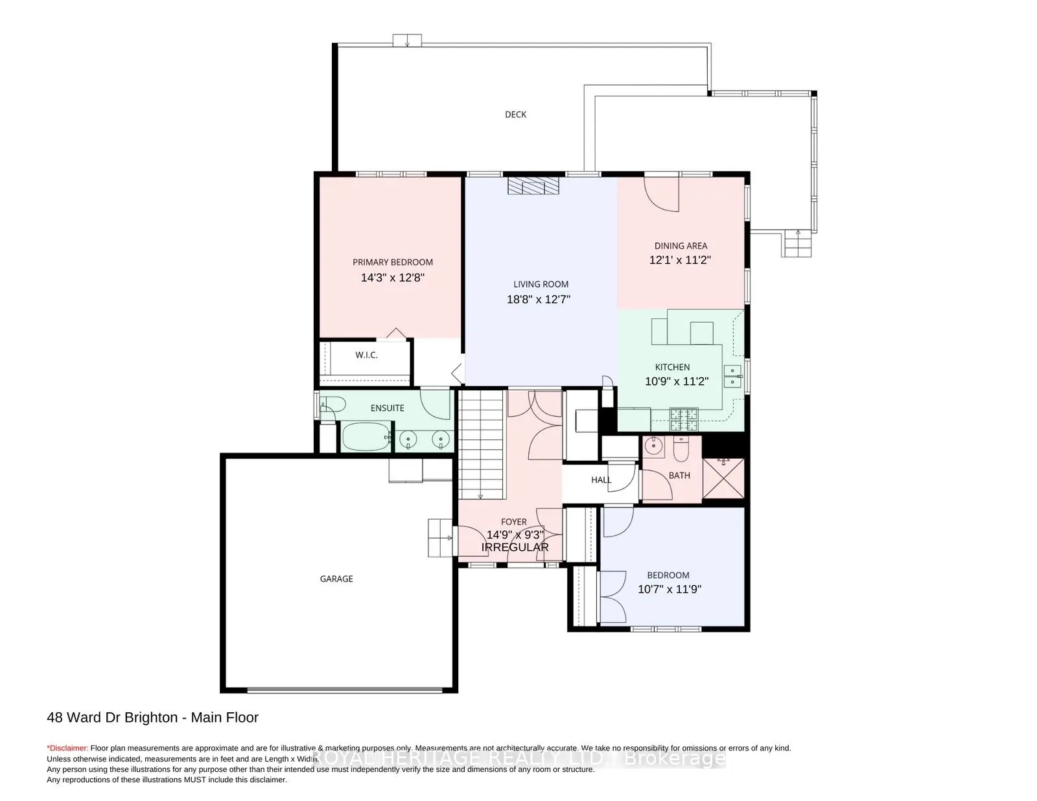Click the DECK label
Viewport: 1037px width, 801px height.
click(x=515, y=115)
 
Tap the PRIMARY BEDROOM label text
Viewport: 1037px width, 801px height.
click(x=393, y=262)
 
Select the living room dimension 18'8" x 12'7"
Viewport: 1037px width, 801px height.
click(x=539, y=299)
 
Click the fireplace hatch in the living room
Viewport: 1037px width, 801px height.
click(x=533, y=185)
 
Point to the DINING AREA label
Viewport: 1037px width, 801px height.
click(x=681, y=246)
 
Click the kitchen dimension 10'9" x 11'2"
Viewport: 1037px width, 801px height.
click(x=677, y=381)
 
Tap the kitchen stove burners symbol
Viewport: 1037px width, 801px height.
click(x=684, y=419)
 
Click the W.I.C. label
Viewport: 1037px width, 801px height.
click(x=366, y=355)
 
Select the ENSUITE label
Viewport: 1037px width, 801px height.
click(x=388, y=408)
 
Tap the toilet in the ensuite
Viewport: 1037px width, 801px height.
click(x=332, y=404)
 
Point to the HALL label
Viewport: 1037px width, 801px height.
click(x=601, y=480)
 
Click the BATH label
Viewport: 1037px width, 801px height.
click(x=679, y=475)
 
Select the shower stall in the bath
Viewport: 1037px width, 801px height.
click(x=723, y=478)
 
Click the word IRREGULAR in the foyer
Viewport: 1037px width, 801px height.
click(x=515, y=547)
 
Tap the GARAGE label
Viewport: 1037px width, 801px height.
click(x=336, y=579)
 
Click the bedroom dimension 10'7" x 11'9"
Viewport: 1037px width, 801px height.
click(x=670, y=589)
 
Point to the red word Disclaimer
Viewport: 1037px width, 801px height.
click(x=67, y=748)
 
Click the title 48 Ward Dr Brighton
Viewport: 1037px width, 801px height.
click(x=112, y=717)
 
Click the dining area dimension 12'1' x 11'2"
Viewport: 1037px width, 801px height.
click(x=680, y=260)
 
